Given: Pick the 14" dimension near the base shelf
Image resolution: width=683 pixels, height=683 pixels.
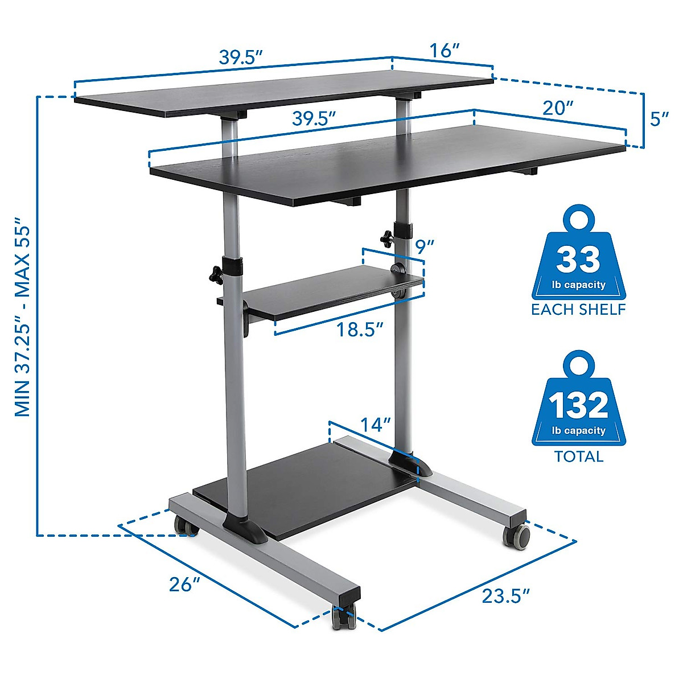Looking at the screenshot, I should point(375,425).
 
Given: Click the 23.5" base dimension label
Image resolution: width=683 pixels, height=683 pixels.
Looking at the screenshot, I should point(505,596).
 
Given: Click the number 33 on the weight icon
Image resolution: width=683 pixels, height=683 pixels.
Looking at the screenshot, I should point(578,260).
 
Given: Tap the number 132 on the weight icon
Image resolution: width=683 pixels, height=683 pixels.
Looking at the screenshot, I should point(578,406).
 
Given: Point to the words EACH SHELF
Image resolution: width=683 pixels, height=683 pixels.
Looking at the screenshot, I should point(578,310).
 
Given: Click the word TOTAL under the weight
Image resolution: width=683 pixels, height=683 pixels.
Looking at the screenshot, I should point(578,456).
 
